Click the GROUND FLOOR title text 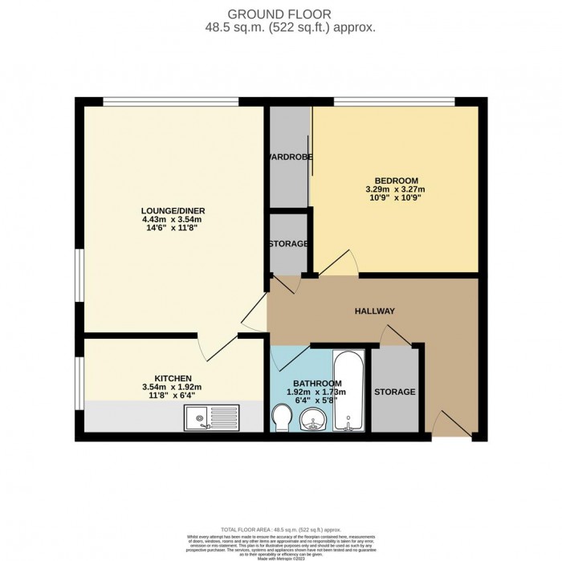tap(280, 14)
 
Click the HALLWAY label tap(375, 310)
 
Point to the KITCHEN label tap(173, 377)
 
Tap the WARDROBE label tap(289, 156)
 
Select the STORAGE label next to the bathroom tap(394, 392)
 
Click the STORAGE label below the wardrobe tap(288, 243)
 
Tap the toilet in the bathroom tap(282, 418)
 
